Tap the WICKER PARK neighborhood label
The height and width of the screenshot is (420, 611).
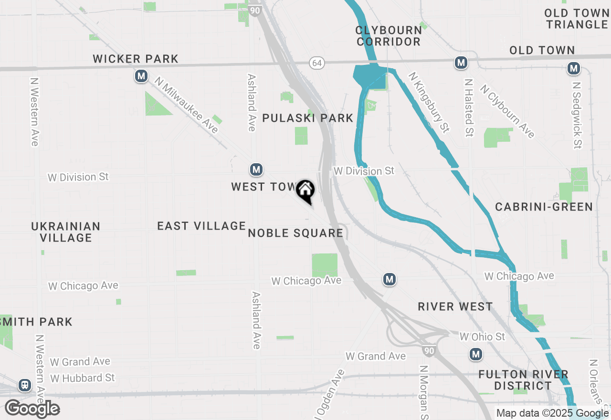(136, 59)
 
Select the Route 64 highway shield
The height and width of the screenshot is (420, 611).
(316, 63)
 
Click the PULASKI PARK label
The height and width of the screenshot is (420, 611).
(308, 118)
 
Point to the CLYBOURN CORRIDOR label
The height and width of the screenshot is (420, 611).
(389, 36)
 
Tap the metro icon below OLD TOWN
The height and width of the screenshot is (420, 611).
(573, 69)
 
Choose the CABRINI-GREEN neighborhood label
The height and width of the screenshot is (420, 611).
(544, 207)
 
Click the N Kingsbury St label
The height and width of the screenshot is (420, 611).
(429, 102)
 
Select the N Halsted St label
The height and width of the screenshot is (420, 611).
(469, 108)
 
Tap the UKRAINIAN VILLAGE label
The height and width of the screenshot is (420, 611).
(66, 231)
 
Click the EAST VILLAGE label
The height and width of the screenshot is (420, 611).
(201, 226)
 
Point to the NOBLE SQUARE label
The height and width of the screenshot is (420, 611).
(295, 233)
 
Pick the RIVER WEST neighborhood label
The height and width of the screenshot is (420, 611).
(455, 306)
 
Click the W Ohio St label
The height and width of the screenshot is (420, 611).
(482, 337)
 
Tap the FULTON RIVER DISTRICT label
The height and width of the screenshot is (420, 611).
(523, 380)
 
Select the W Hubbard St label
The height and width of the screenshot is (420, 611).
(83, 378)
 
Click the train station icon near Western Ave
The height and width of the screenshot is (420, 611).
(24, 385)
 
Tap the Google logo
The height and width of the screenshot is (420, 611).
(32, 409)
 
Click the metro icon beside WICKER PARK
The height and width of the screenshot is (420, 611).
(141, 76)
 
